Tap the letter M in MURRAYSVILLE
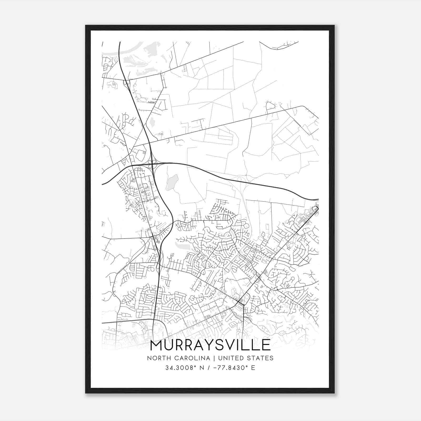click(x=158, y=345)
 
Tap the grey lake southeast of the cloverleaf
click(x=172, y=182)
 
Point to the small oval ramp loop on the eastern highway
click(x=239, y=179)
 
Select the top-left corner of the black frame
click(x=86, y=26)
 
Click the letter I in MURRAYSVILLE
click(x=239, y=345)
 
